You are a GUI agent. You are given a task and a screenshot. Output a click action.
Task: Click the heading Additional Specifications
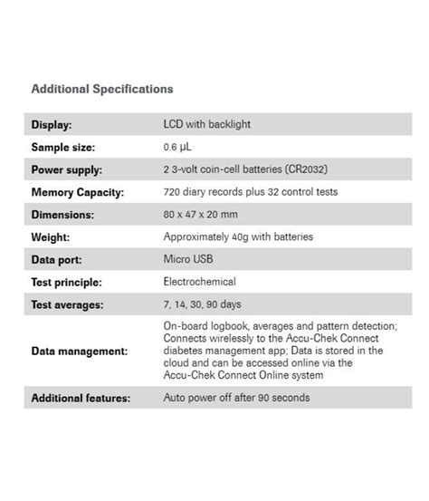coord(102,89)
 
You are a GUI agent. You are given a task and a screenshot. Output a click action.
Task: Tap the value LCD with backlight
coord(207,124)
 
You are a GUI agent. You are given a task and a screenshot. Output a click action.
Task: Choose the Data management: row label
coord(80,351)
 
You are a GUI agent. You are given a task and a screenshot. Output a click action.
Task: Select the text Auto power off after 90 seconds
coord(236,398)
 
